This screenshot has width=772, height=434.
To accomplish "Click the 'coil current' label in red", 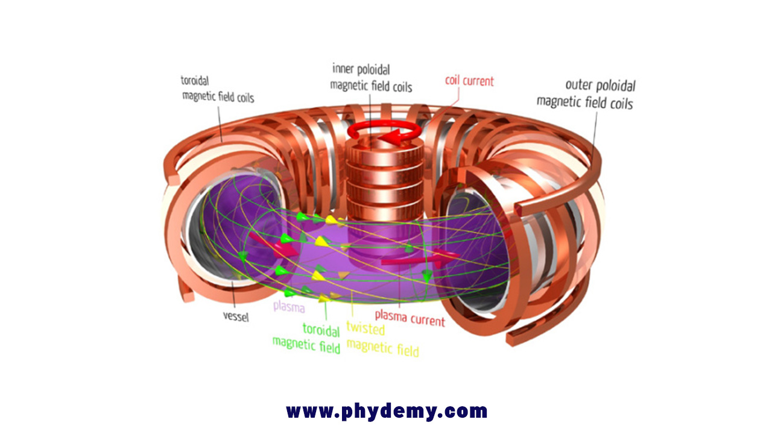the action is [x=469, y=81].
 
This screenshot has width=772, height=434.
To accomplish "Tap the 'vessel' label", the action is [x=236, y=316].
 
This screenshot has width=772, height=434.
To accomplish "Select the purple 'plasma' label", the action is [x=289, y=307].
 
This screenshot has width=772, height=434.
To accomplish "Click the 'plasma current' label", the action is [x=410, y=318].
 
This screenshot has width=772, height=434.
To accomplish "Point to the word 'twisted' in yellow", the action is [x=365, y=328].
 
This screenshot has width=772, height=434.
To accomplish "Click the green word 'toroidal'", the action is [x=321, y=330].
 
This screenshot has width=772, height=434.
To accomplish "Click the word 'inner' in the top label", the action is [x=343, y=69].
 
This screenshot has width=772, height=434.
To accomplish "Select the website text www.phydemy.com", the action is [x=387, y=411].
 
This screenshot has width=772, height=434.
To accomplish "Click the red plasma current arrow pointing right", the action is [x=420, y=260].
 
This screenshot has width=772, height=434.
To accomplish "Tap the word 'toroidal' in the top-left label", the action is [x=195, y=81].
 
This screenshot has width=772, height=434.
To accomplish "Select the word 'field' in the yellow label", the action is [x=408, y=350].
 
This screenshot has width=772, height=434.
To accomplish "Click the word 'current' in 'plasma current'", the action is [x=428, y=320].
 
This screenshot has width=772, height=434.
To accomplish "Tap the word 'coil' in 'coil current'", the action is [x=452, y=80].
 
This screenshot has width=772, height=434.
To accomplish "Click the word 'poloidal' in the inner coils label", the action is [x=373, y=70].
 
